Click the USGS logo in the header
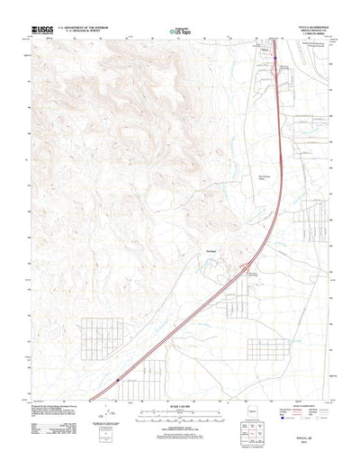[x=44, y=29]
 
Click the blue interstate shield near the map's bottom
[x=118, y=381]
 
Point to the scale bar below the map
[x=179, y=402]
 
